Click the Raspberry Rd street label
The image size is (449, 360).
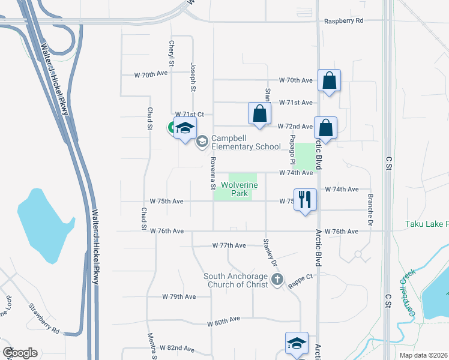tap(344, 20)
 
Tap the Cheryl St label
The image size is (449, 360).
tap(172, 53)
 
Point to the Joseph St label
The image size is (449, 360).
tap(193, 77)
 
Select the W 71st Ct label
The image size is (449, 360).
tap(190, 114)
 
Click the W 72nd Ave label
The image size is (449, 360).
tap(295, 127)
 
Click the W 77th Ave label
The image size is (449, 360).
tap(230, 245)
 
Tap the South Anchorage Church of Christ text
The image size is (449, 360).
tap(236, 280)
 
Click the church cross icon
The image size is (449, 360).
tap(277, 279)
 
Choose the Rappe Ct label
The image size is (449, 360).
tap(301, 277)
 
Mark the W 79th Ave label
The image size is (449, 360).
tap(179, 296)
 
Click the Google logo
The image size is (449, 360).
tap(20, 352)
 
